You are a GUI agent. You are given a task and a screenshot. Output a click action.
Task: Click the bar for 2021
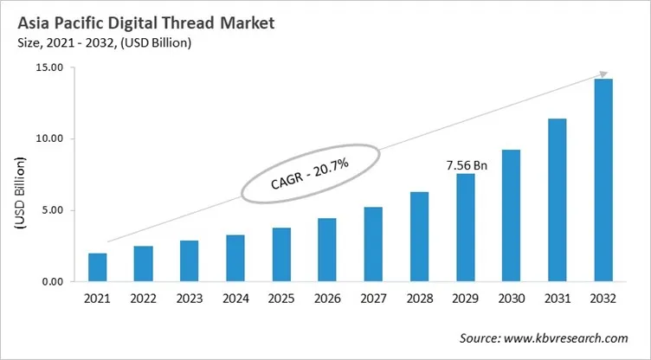98,267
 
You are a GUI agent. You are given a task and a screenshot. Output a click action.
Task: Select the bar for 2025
282,254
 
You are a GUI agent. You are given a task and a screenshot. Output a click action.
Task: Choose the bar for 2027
374,244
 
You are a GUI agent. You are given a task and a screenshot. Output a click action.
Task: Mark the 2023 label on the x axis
190,299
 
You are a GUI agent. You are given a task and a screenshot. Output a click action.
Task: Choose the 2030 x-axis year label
512,299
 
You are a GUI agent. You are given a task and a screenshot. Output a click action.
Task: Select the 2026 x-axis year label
328,299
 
